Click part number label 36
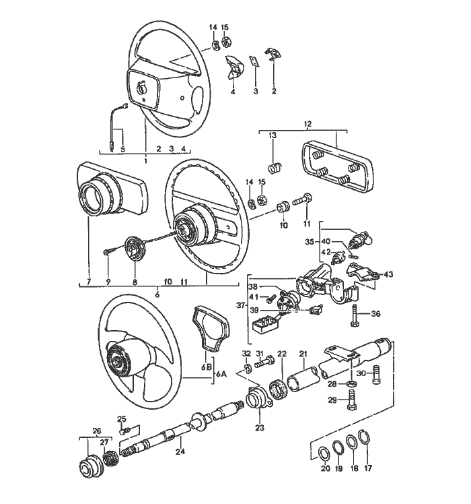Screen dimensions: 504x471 [375, 313]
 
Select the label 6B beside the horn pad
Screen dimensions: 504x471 [207, 368]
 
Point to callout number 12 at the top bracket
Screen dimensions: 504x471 [307, 124]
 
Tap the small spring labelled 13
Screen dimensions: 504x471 [274, 166]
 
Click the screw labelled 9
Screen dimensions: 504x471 [109, 251]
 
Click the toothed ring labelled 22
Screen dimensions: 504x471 [276, 391]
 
